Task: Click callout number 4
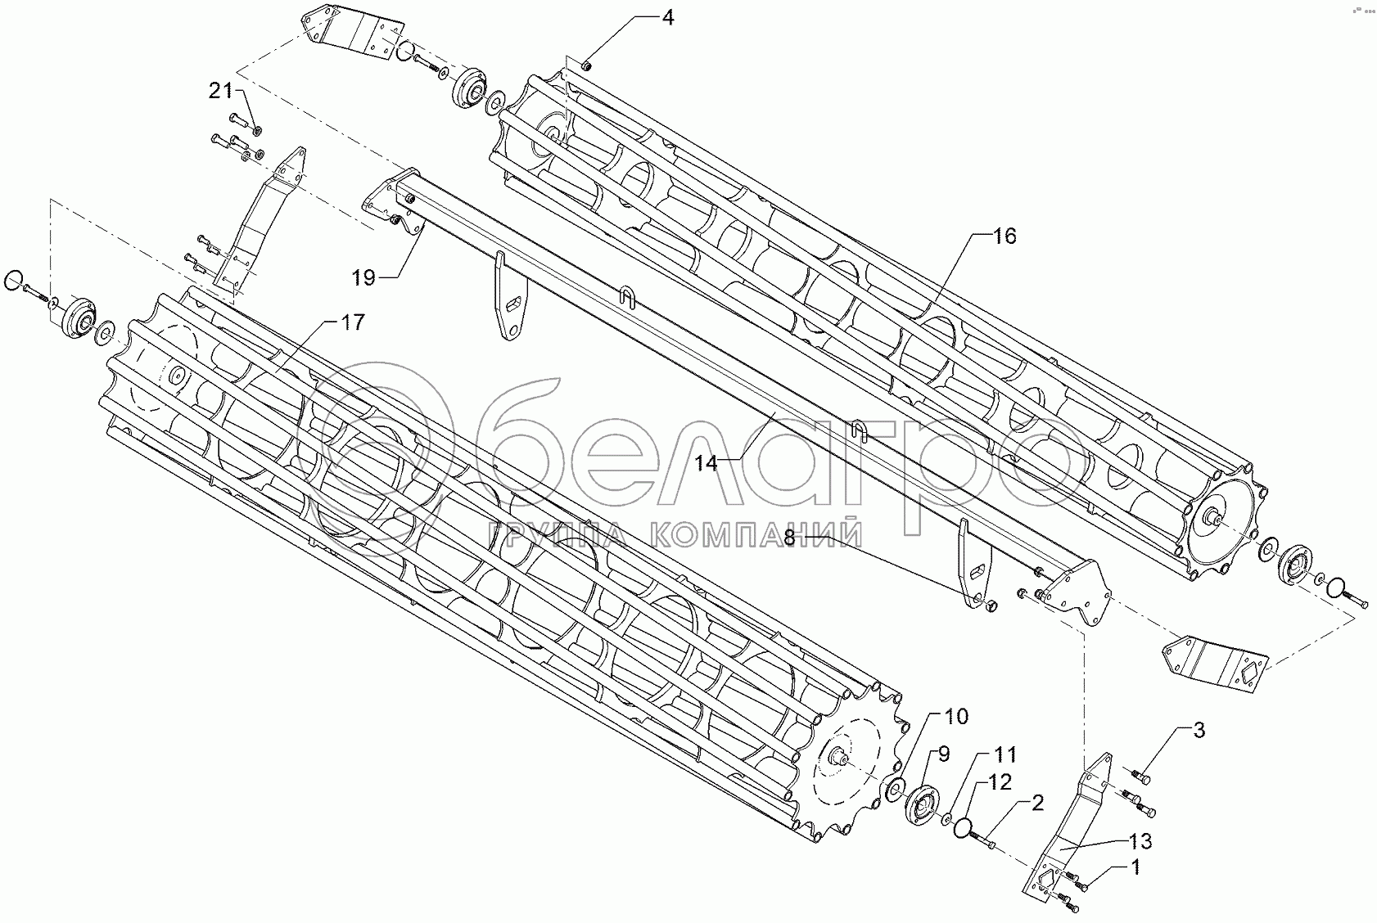point(667,16)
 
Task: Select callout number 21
point(221,92)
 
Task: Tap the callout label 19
point(364,278)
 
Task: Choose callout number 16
point(1004,236)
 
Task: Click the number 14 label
point(706,463)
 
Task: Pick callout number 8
point(789,538)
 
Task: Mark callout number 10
point(955,717)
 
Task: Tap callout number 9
point(943,754)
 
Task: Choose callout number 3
point(1198,731)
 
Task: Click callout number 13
point(1140,840)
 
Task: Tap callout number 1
point(1135,867)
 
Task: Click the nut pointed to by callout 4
point(587,65)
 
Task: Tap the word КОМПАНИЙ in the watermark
point(748,536)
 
